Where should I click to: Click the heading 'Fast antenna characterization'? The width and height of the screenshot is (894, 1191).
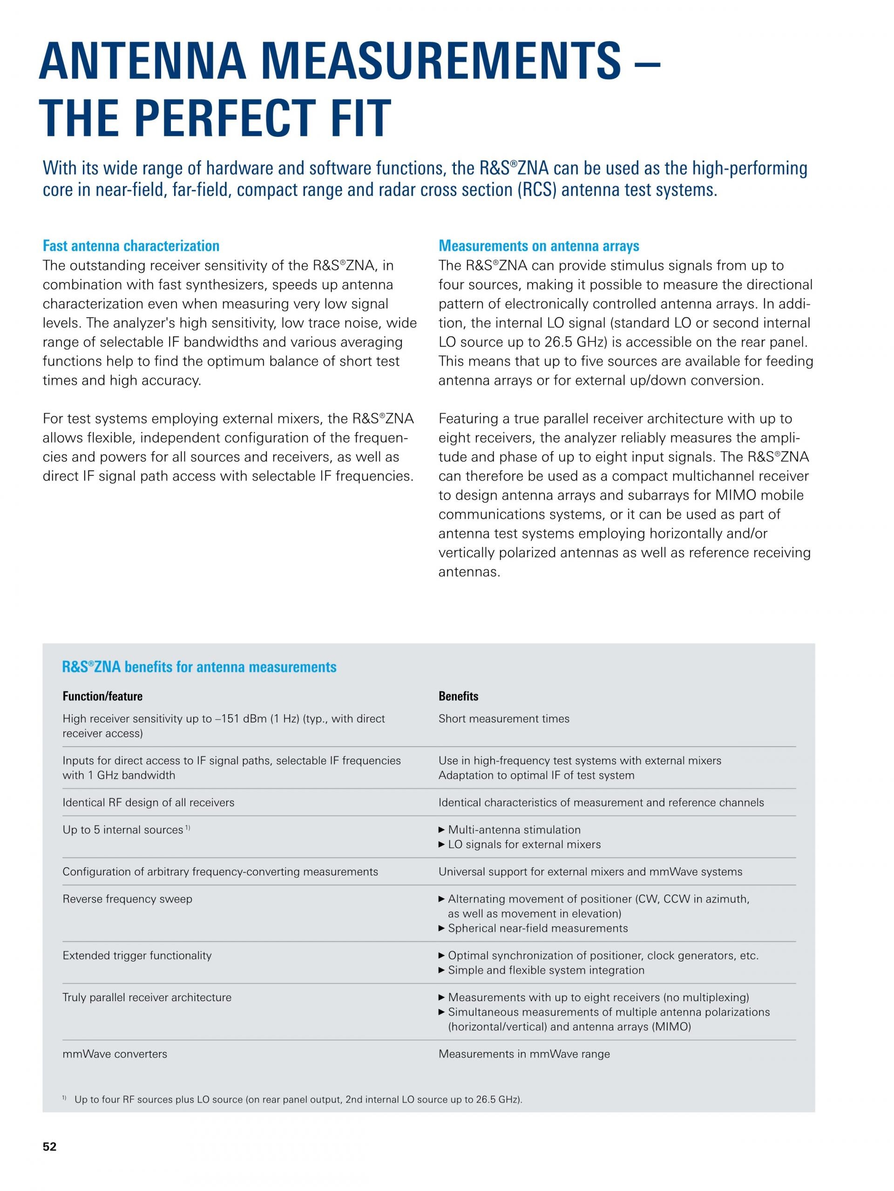point(131,246)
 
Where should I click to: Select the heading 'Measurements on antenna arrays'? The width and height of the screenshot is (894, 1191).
point(538,246)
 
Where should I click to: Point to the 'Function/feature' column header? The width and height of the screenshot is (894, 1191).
point(102,696)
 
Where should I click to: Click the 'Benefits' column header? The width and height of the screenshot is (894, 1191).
point(458,696)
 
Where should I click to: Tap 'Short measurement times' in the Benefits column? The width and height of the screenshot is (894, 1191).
point(504,719)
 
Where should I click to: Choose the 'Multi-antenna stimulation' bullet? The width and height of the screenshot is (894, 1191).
point(514,830)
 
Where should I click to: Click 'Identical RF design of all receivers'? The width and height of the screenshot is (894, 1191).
point(148,802)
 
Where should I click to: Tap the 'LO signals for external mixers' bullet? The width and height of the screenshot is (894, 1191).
point(524,844)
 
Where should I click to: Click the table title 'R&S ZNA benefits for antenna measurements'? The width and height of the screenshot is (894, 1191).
point(199,667)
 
